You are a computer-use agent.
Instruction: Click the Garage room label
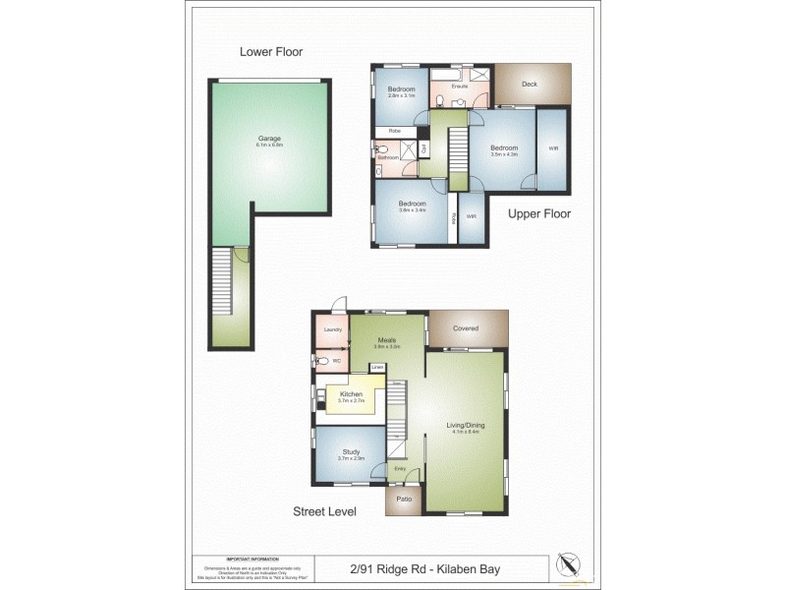269,139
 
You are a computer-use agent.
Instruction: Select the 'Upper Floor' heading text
539,213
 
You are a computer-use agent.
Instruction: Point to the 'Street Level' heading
324,511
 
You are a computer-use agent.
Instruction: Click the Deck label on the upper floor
530,85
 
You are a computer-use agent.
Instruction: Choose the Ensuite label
459,87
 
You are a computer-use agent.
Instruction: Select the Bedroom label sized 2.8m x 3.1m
401,90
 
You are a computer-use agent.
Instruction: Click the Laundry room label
332,328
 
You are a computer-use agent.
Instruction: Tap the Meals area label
385,339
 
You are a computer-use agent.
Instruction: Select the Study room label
351,452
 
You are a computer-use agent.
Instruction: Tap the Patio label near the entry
404,499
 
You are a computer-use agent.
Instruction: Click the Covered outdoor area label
466,328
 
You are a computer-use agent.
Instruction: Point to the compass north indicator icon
568,564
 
